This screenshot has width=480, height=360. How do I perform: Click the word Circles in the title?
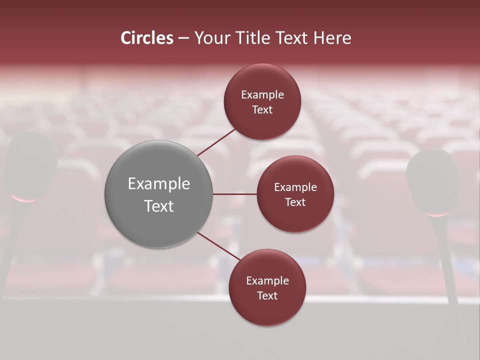tap(147, 38)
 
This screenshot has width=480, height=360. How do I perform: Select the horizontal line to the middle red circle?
tap(234, 194)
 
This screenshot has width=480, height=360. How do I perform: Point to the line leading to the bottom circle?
tap(218, 246)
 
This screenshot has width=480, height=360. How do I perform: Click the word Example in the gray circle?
tap(159, 184)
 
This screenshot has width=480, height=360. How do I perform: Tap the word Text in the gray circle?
tap(159, 206)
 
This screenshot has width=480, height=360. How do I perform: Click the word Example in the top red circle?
tap(262, 95)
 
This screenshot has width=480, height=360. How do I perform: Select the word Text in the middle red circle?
tap(295, 202)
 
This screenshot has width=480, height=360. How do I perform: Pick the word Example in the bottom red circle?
tap(267, 281)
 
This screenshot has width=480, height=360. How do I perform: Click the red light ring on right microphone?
tap(438, 215)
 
